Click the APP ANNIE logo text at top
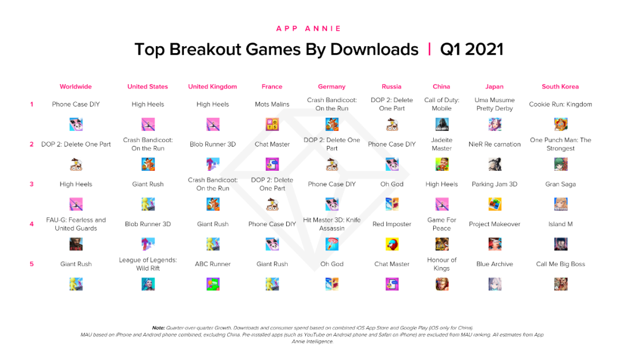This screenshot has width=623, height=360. pyautogui.click(x=309, y=29)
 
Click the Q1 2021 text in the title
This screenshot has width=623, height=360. pyautogui.click(x=471, y=50)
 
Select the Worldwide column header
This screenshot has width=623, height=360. pyautogui.click(x=76, y=87)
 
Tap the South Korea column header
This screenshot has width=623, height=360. pyautogui.click(x=560, y=87)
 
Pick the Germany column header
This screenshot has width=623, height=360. pyautogui.click(x=332, y=87)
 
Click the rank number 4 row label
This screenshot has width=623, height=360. pyautogui.click(x=32, y=224)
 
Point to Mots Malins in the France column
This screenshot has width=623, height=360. pyautogui.click(x=272, y=104)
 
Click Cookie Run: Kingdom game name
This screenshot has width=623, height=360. pyautogui.click(x=560, y=104)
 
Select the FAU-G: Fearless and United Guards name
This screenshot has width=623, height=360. pyautogui.click(x=76, y=224)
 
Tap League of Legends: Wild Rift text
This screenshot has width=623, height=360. pyautogui.click(x=148, y=264)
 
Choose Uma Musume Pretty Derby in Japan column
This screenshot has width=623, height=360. pyautogui.click(x=494, y=104)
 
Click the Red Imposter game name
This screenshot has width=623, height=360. pyautogui.click(x=392, y=224)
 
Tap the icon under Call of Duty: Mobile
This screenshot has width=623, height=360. pyautogui.click(x=442, y=124)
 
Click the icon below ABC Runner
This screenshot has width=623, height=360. pyautogui.click(x=213, y=284)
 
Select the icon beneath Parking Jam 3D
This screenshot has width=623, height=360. pyautogui.click(x=495, y=204)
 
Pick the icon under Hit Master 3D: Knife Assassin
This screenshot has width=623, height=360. pyautogui.click(x=332, y=244)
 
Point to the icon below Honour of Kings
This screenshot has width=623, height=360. pyautogui.click(x=442, y=284)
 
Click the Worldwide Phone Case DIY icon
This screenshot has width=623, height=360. pyautogui.click(x=76, y=124)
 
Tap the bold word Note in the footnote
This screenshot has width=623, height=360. pyautogui.click(x=158, y=328)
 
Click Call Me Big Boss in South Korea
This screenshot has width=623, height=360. pyautogui.click(x=560, y=264)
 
